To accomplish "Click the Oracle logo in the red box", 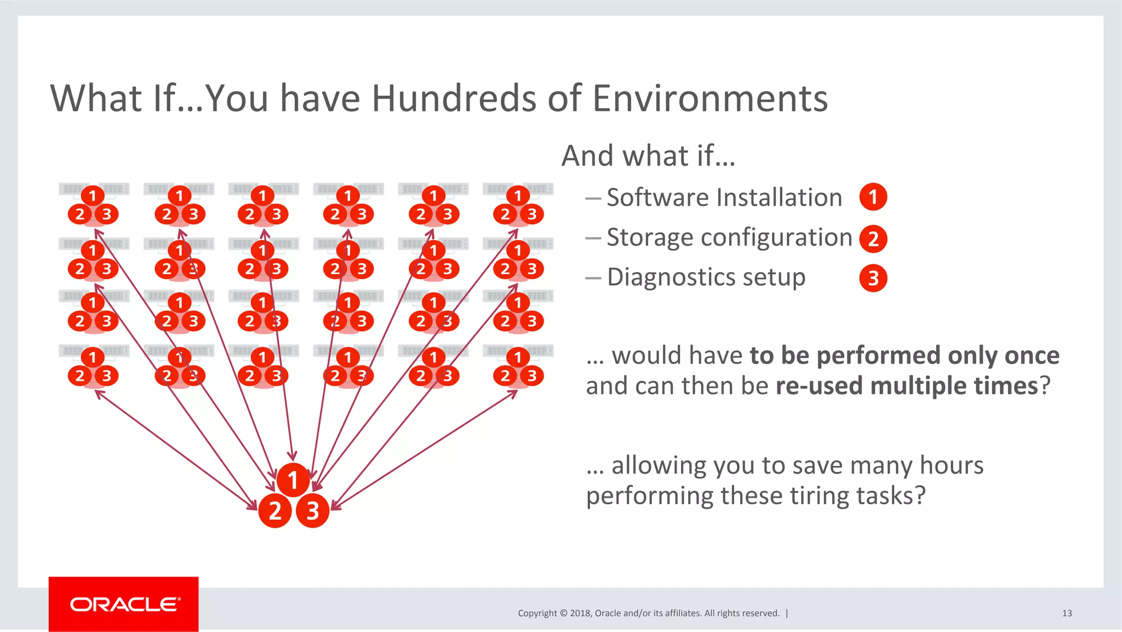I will pos(124,604).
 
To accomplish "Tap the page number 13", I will pos(1067,613).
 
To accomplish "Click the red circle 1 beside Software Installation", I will pos(873,197).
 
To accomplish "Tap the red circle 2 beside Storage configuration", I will pos(873,239).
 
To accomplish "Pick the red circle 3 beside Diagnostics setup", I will pos(873,278).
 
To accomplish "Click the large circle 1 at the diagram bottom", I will pos(293,480).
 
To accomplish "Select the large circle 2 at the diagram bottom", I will pos(274,511).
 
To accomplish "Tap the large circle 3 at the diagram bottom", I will pos(312,511).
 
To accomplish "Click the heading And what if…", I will pos(648,156).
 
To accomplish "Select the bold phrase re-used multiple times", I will pos(907,386).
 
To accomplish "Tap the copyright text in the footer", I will pos(648,613).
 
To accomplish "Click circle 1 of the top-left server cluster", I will pos(92,196).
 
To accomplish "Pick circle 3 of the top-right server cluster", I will pos(531,214).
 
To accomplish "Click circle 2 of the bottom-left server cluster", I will pos(80,375).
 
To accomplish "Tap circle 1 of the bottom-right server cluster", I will pos(518,357).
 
